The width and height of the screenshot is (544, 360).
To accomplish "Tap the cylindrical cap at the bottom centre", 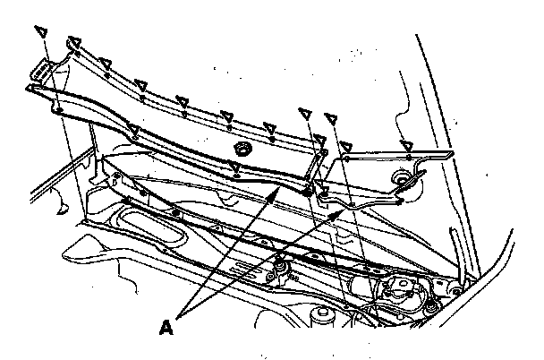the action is coord(320,316).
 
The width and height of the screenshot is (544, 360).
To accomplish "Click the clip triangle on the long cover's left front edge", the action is coord(132,132).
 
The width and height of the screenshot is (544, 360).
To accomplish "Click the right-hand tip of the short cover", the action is coord(444,156).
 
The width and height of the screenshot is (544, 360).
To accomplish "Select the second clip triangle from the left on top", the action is coord(74,40).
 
